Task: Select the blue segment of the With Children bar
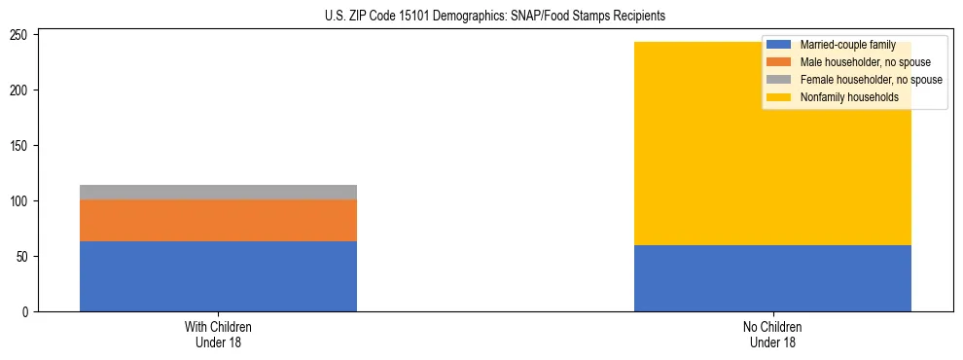click(x=218, y=276)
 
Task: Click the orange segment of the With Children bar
click(x=218, y=220)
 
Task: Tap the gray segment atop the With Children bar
click(x=218, y=192)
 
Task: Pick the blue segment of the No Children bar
click(x=772, y=278)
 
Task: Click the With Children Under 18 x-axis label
click(x=218, y=334)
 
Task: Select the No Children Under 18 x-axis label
click(x=772, y=334)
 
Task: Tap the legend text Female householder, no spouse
click(x=871, y=80)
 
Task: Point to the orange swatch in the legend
click(x=779, y=62)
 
